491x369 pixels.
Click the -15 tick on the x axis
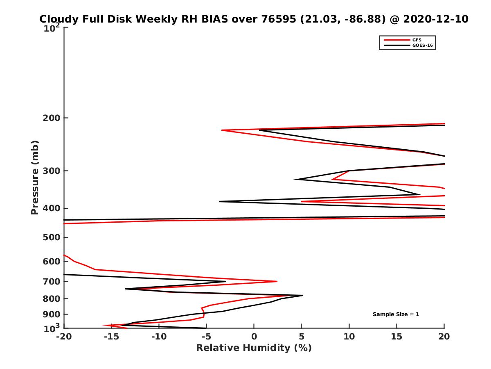(111, 337)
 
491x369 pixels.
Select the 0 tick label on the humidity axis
(254, 337)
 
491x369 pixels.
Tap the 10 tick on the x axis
(349, 337)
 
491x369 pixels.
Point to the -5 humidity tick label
(206, 337)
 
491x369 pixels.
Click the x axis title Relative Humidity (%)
(254, 348)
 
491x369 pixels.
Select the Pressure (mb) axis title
(35, 177)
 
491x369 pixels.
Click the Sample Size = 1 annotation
(396, 314)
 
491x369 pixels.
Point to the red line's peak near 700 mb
(277, 281)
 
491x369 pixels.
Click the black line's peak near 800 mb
(302, 295)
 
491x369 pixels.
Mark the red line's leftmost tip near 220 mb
(222, 130)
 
